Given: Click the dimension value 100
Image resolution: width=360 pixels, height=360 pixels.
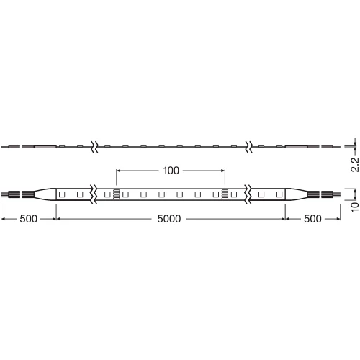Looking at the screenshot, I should pyautogui.click(x=171, y=171).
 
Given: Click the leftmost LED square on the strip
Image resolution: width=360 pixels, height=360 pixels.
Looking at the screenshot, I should pyautogui.click(x=63, y=194).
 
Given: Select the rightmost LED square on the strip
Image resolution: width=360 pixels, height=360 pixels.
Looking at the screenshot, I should pyautogui.click(x=278, y=194).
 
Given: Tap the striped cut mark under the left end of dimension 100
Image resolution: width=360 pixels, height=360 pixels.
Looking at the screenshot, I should pyautogui.click(x=116, y=194).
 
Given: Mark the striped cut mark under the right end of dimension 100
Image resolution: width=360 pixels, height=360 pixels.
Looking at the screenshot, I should pyautogui.click(x=225, y=194).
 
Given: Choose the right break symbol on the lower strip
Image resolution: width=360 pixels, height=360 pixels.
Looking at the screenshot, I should pyautogui.click(x=248, y=194).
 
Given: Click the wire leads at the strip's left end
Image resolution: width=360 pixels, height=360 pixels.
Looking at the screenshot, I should pyautogui.click(x=11, y=194).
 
